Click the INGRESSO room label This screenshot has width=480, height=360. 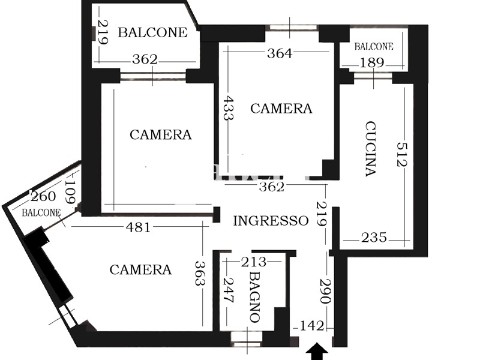pos(271,220)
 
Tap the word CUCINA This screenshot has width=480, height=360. pos(371,149)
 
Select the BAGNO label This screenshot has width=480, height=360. pos(254,297)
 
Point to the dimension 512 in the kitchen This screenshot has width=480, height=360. pos(402,154)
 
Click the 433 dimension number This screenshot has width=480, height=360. pos(228,108)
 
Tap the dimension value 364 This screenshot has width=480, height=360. pos(280,53)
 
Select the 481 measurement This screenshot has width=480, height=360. pos(139,227)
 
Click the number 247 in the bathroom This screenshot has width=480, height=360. pos(228,290)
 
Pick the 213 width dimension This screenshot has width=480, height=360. pos(254,262)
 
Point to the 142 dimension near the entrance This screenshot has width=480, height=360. pos(311,325)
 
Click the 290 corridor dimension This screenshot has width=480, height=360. pos(325,291)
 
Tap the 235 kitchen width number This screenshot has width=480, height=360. pos(374,237)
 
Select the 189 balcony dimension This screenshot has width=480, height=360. pos(371,62)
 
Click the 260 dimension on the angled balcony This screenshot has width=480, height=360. pos(43,196)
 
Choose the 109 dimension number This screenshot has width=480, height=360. pos(70,191)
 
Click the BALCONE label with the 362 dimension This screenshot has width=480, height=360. pos(152,32)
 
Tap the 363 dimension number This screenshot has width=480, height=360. pos(200,274)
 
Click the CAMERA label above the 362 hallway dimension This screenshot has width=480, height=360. pos(281,109)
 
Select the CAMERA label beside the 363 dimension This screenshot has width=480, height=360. pos(140,269)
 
